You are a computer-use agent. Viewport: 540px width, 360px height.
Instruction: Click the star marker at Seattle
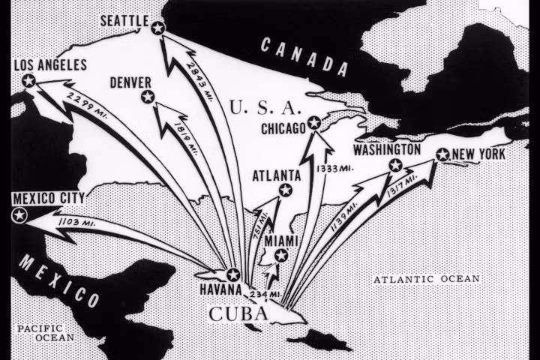(157, 28)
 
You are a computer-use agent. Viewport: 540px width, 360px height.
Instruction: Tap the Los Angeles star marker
(29, 80)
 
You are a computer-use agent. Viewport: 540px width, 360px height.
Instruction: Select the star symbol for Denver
(148, 96)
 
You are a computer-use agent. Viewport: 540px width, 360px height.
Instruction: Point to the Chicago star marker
(314, 123)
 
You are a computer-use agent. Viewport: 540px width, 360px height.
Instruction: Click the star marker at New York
(442, 155)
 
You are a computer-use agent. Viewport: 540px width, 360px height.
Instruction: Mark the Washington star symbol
(395, 165)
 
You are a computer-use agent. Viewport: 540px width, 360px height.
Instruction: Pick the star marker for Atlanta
(285, 190)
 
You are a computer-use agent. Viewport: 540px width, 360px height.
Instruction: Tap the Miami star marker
(280, 256)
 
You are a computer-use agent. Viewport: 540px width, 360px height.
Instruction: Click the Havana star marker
(233, 275)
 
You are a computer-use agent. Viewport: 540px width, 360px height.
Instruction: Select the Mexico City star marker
(19, 215)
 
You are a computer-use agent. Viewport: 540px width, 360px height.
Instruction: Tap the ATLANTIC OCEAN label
(426, 279)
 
